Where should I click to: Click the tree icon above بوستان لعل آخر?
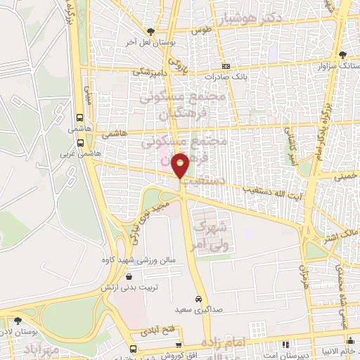(150, 30)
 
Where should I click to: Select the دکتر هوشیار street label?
(252, 18)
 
